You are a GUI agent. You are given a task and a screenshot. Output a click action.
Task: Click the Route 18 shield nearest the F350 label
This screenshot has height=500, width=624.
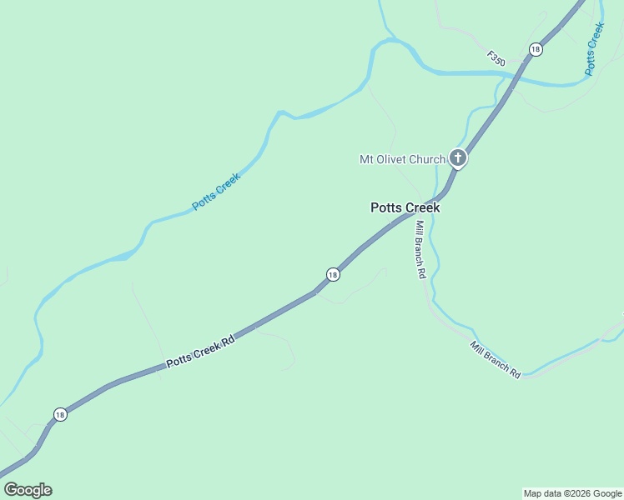coord(536,50)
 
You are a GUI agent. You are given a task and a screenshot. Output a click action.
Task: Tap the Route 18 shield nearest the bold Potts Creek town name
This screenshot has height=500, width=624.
coord(333,274)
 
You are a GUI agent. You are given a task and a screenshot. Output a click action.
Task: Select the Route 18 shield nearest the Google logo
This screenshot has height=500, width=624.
coord(59,414)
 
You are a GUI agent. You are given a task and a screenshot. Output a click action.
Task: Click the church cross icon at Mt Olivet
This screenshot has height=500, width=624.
coord(457,157)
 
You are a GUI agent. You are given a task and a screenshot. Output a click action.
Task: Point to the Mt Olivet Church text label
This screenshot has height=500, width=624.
coord(402,159)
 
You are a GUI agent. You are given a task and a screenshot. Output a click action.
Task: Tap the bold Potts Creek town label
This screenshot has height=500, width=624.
coord(405,208)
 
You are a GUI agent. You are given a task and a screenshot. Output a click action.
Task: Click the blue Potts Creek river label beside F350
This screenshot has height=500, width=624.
coord(594,48)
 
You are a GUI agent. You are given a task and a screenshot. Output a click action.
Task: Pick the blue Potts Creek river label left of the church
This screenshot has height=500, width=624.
coord(216,191)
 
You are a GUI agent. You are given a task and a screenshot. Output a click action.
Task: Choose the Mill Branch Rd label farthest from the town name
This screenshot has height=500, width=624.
coord(496,360)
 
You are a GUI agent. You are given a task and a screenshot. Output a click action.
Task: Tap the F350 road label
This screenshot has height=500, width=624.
coord(496,59)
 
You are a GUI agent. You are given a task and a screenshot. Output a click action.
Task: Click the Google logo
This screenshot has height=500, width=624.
coord(28,490)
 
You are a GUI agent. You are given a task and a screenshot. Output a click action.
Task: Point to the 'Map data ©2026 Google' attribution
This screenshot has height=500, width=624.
coord(573,493)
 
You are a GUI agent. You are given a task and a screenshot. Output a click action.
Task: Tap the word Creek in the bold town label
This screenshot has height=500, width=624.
coord(421,208)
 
